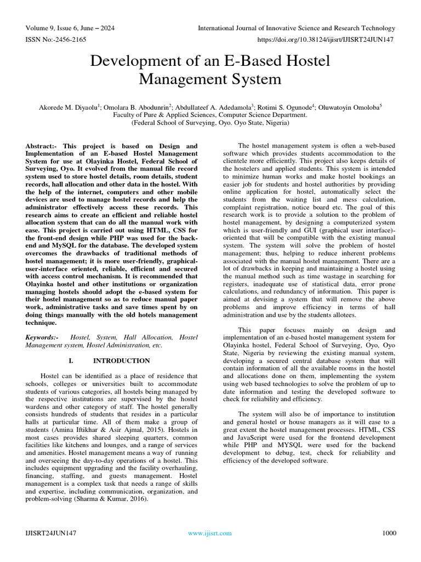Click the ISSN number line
tap(54, 40)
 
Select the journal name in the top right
tap(296, 28)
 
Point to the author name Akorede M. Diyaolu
tap(69, 106)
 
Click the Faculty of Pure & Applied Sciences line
tap(210, 115)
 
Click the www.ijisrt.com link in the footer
tap(210, 533)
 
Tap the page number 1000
tap(388, 533)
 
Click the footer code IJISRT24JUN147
tap(49, 533)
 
